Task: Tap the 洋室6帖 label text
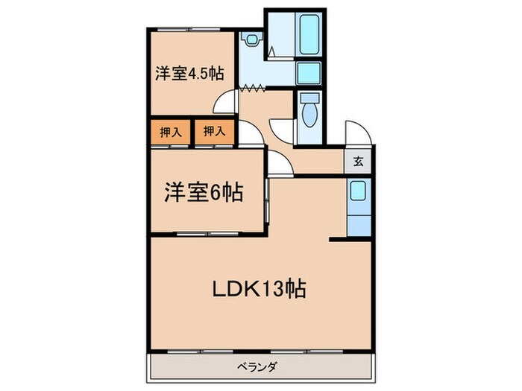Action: pos(203,193)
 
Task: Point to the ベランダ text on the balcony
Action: pos(258,366)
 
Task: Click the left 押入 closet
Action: pos(171,133)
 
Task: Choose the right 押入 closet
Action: pos(214,133)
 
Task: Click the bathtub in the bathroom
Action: pos(308,34)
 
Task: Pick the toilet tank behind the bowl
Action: pos(309,98)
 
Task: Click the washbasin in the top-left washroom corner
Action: pos(251,39)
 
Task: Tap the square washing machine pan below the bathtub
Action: pos(308,73)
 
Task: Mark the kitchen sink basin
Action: pos(358,192)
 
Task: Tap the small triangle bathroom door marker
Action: pos(273,52)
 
